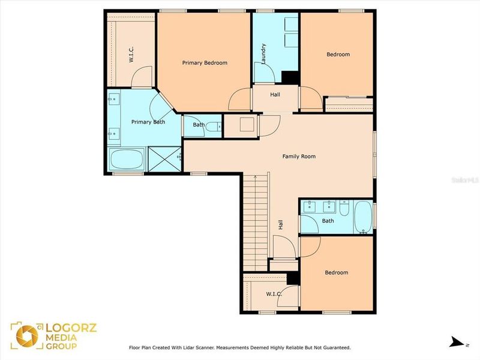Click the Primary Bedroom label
(205, 62)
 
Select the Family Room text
(299, 157)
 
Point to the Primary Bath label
(148, 122)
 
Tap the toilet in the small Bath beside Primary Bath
(217, 125)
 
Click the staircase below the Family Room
(256, 222)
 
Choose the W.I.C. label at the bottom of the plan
(275, 293)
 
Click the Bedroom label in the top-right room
(338, 55)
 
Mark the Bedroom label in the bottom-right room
(336, 272)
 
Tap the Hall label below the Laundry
(275, 94)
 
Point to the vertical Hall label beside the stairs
(280, 224)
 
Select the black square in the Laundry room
(290, 78)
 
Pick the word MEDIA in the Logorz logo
(61, 337)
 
